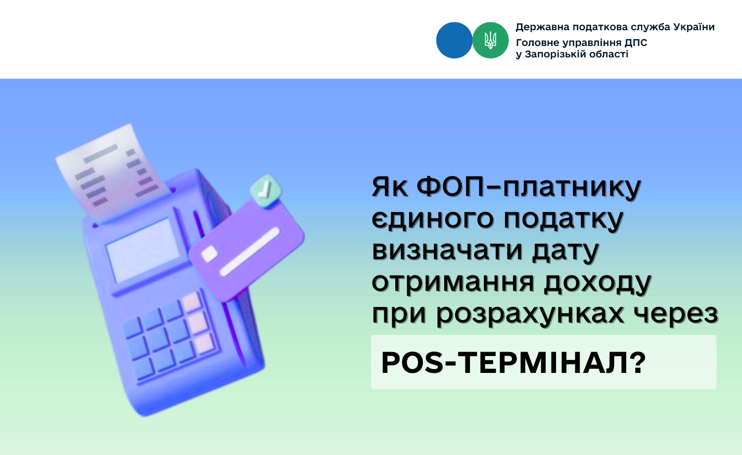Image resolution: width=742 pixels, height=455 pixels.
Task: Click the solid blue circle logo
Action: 454,41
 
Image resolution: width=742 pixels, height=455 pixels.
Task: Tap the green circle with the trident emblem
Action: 490,41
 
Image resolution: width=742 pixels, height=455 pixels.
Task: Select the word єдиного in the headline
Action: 433,219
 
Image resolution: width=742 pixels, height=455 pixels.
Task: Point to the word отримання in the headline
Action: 453,283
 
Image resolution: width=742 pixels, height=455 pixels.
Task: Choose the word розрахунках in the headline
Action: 530,314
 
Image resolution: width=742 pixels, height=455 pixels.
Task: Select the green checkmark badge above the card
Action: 266,191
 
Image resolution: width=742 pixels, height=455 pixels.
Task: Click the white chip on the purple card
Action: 209,254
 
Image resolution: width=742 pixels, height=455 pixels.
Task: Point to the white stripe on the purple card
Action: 250,251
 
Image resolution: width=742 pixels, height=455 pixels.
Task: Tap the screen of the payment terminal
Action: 142,251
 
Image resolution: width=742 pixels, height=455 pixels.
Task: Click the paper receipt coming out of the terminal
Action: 113,172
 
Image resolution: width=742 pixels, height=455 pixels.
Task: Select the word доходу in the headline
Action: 598,283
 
